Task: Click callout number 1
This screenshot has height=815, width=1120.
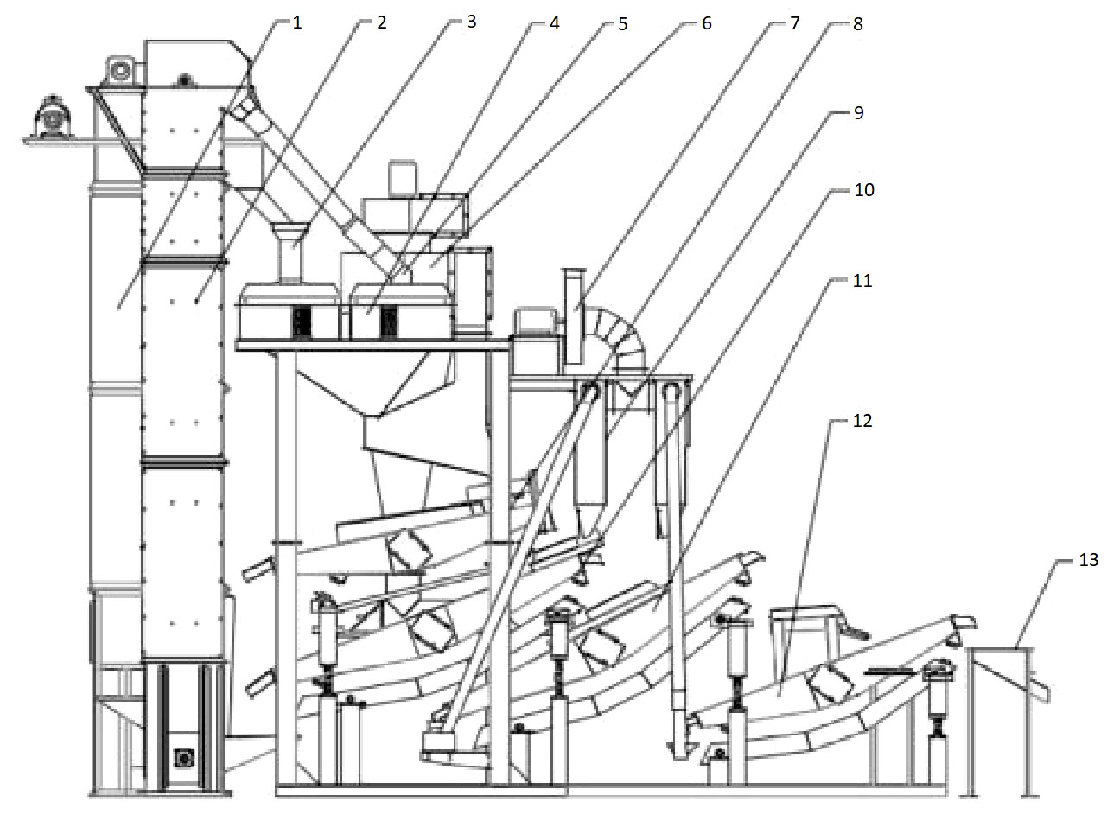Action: tap(296, 22)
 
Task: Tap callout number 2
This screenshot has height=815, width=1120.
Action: tap(380, 22)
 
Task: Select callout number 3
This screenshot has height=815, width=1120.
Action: tap(470, 22)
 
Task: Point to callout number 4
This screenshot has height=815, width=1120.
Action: tap(554, 22)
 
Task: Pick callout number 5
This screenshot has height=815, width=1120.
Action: tap(621, 22)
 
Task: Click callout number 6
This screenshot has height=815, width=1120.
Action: tap(706, 22)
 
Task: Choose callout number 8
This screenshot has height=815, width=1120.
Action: tap(856, 22)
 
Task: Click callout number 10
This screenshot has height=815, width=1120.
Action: tap(863, 189)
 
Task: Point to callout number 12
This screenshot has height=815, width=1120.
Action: tap(862, 421)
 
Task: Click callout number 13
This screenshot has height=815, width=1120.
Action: tap(1088, 559)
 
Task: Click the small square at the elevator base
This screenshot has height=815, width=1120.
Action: tap(182, 758)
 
